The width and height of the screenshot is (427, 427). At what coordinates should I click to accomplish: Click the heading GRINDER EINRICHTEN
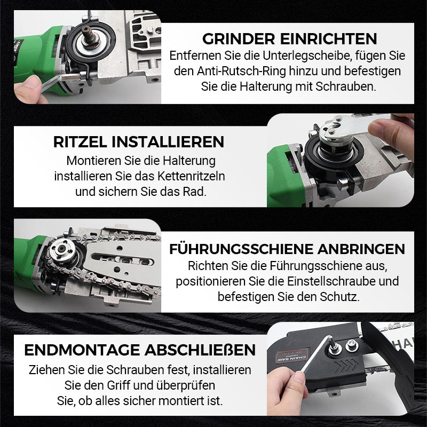tap(289, 39)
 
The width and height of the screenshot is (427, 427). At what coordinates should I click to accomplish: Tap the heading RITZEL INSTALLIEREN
tap(138, 142)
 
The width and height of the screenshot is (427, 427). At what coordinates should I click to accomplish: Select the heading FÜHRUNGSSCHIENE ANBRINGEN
tap(287, 249)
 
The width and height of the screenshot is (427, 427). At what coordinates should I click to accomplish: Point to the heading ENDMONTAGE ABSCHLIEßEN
tap(140, 350)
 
